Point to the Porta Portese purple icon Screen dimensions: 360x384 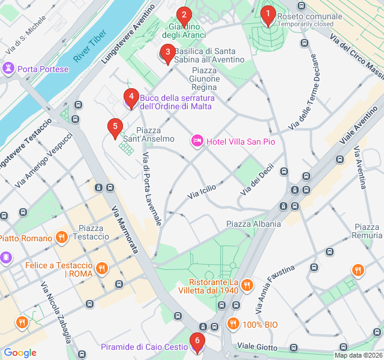pyautogui.click(x=9, y=68)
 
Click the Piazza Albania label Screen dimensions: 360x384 pyautogui.click(x=253, y=224)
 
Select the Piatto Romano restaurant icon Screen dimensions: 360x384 pyautogui.click(x=61, y=238)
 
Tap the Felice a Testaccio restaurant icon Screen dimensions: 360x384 pyautogui.click(x=102, y=268)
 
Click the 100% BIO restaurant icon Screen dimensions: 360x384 pyautogui.click(x=233, y=325)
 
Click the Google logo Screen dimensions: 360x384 pyautogui.click(x=20, y=353)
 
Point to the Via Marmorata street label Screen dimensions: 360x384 pyautogui.click(x=125, y=229)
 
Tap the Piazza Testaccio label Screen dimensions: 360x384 pyautogui.click(x=91, y=232)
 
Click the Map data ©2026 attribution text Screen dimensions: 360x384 pyautogui.click(x=358, y=355)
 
